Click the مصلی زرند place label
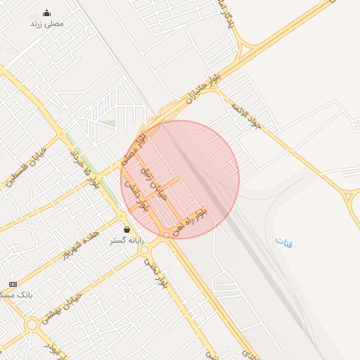click(x=46, y=23)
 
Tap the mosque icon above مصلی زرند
click(x=46, y=13)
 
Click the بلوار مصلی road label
click(x=134, y=146)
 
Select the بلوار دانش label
click(x=136, y=196)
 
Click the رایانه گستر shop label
click(x=127, y=240)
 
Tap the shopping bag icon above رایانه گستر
click(x=127, y=229)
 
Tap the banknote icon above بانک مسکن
click(x=13, y=284)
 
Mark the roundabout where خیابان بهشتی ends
click(x=32, y=324)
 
